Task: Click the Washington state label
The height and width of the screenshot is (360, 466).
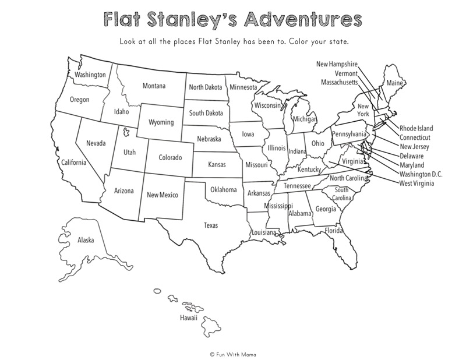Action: click(90, 75)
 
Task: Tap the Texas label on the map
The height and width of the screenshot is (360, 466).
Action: click(211, 225)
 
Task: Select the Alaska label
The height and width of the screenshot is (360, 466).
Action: click(86, 240)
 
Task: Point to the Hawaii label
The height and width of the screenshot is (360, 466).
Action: click(188, 318)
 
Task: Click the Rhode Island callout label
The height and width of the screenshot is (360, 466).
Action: click(416, 128)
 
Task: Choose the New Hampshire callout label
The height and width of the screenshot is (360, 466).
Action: click(337, 64)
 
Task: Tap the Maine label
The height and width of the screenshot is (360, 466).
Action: click(395, 83)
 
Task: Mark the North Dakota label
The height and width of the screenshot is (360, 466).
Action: click(205, 87)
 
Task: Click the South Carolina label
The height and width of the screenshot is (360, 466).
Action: click(341, 194)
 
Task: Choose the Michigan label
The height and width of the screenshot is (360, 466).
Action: click(305, 119)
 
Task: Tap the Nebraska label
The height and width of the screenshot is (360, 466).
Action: click(209, 139)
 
